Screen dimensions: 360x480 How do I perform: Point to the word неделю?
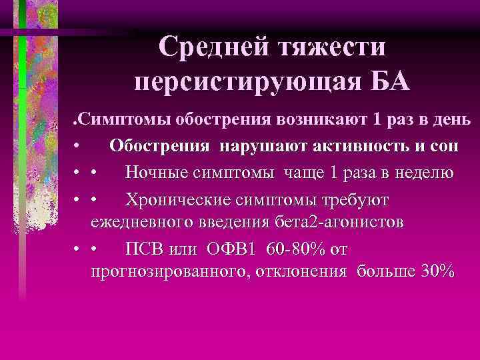pos(421,173)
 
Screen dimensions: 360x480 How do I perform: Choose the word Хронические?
pos(185,199)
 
